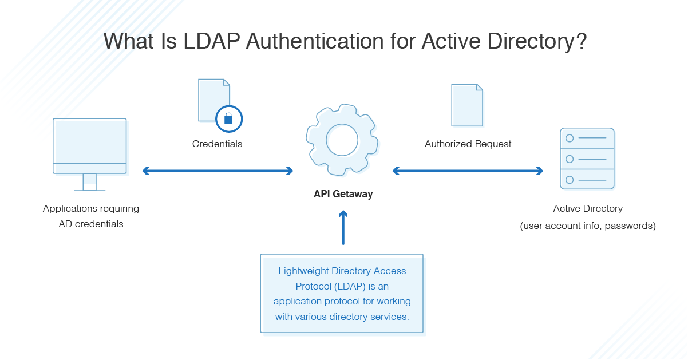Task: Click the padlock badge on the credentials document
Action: coord(229,118)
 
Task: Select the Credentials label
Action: coord(217,144)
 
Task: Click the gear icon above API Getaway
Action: coord(342,139)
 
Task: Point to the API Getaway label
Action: coord(343,194)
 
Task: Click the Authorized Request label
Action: coord(468,144)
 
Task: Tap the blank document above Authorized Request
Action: coord(466,105)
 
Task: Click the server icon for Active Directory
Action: coord(587,159)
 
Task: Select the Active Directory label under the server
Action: coord(588,209)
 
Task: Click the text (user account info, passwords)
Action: coord(588,226)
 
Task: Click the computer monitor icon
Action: coord(90,146)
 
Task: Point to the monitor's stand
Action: coord(90,183)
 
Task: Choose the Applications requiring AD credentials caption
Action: coord(91,216)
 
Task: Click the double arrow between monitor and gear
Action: coord(218,171)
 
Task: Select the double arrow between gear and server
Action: coord(468,171)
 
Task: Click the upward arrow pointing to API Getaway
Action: coord(343,228)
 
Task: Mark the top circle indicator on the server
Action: coord(569,139)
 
